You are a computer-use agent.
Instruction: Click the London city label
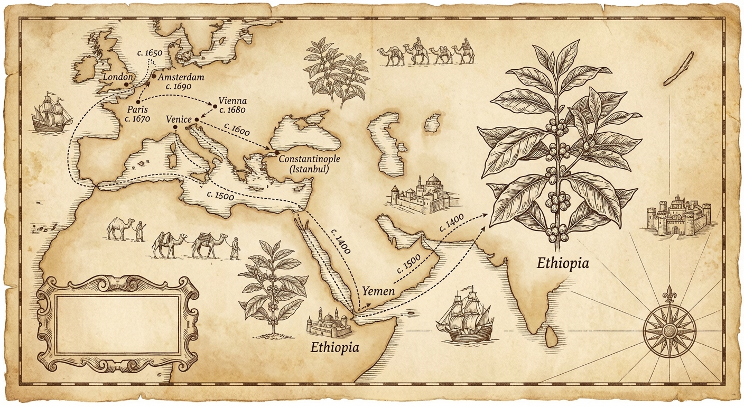[116, 77]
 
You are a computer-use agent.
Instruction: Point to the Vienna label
[232, 100]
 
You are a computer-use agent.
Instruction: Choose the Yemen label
[378, 290]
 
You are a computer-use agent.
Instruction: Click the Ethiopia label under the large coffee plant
[562, 263]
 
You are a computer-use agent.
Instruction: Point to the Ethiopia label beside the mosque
[334, 347]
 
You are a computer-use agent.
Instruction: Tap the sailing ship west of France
[51, 113]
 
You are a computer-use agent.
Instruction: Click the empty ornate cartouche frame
[117, 324]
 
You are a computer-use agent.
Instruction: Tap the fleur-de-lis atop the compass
[669, 293]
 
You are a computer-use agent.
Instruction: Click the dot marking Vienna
[215, 107]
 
